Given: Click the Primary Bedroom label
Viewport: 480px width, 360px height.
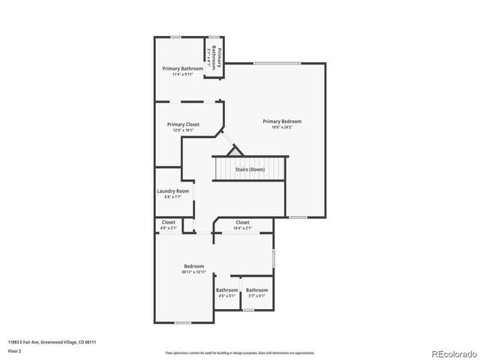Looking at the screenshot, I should [282, 121].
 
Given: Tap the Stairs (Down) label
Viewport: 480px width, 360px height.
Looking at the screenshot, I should [250, 169].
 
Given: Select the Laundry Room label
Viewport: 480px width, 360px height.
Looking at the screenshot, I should [173, 190].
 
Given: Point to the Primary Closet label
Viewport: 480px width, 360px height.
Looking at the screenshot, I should [183, 124].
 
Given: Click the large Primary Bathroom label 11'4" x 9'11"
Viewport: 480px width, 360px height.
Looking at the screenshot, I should [182, 68].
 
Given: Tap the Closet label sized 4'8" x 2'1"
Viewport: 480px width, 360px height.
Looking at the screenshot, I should [169, 222].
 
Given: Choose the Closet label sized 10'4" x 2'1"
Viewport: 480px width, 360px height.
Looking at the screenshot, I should [242, 222].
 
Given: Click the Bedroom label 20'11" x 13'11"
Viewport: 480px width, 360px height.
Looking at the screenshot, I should [194, 266].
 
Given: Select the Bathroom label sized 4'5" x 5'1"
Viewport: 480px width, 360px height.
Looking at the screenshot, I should [226, 290].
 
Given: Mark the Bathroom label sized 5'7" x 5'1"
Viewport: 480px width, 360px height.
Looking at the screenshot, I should [256, 290].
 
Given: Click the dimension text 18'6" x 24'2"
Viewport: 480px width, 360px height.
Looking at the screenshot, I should [282, 127].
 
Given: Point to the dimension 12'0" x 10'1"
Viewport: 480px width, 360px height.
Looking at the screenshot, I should [183, 130].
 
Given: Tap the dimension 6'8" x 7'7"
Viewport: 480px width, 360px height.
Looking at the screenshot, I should [173, 196].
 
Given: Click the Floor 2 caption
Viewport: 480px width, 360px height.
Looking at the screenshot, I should [15, 350].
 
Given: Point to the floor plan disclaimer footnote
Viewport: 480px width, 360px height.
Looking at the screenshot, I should [240, 352].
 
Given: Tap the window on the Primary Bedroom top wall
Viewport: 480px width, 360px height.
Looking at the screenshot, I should [267, 63].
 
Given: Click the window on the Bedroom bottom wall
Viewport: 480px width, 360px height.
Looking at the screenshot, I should [182, 322].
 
